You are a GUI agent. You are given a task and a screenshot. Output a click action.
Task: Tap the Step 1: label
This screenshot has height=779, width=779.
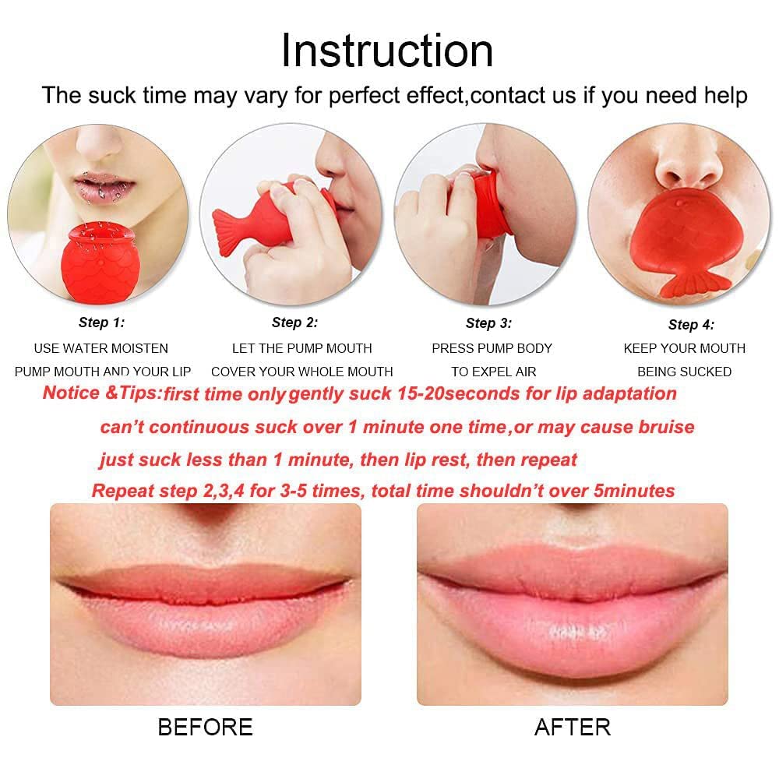point(101,323)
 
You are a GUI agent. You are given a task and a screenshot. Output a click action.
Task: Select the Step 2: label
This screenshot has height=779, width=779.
point(294,323)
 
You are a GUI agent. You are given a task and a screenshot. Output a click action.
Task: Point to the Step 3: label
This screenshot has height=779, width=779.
point(488,323)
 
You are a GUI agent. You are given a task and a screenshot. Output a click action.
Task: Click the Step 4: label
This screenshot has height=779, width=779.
point(691,325)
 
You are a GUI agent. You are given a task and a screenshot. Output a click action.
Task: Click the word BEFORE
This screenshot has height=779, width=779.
point(205,728)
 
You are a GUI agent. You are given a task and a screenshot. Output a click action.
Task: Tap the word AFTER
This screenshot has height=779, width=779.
point(573,728)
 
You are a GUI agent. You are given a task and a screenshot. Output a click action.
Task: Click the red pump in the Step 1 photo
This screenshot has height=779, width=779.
point(100,263)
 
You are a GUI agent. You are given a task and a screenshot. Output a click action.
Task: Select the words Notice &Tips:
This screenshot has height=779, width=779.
point(102,393)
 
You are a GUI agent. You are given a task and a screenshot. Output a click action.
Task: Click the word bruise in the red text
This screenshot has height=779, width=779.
point(666,427)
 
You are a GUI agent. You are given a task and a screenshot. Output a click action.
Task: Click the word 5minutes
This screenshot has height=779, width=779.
point(634,491)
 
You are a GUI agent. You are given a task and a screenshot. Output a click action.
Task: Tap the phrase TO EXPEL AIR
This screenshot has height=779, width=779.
point(494,372)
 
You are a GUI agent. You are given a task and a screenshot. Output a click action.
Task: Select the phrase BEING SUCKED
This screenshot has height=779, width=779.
point(684,372)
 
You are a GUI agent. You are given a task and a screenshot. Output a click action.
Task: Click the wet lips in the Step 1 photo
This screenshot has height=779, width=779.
point(104,186)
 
